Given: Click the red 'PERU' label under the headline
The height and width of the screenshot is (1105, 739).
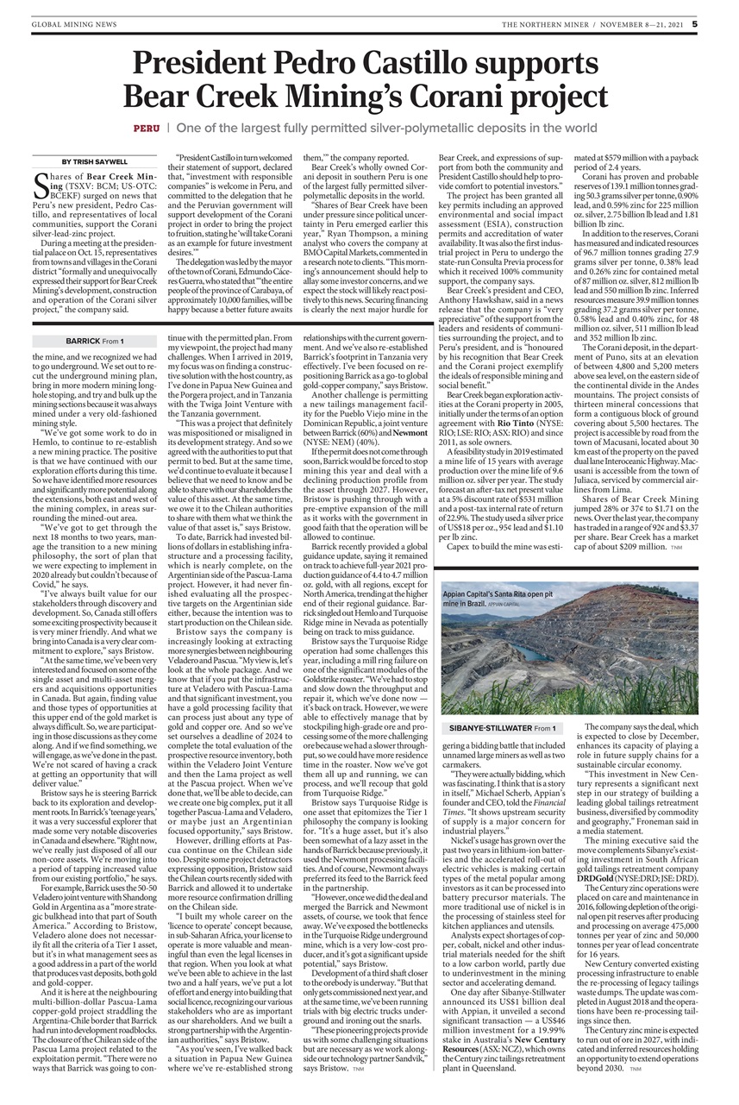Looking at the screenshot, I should click(146, 128).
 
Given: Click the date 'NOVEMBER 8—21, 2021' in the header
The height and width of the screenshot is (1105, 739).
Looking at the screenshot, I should click(635, 25).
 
